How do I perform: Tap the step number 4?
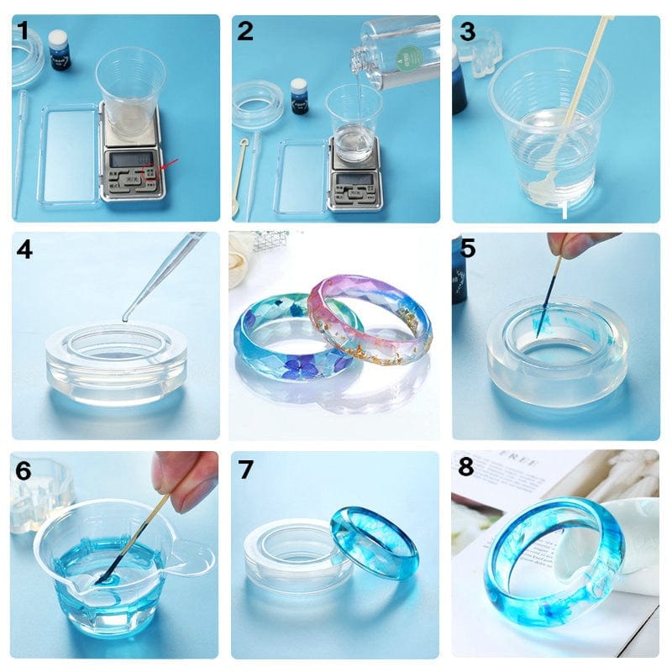24,249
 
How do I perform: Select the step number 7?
245,470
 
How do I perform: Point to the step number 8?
465,468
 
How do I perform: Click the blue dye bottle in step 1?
59,50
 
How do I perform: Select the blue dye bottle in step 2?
299,96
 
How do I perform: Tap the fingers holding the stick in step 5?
577,244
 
